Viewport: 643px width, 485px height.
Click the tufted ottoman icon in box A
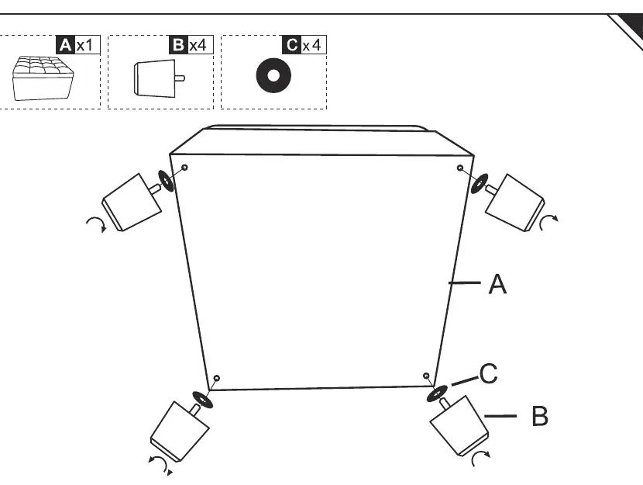(x=43, y=78)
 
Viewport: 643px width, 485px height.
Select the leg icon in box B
(x=159, y=78)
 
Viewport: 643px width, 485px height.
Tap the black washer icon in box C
(x=273, y=75)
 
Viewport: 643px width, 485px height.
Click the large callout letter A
(x=497, y=284)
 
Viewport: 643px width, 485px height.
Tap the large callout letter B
(x=540, y=416)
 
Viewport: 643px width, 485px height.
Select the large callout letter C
(x=488, y=374)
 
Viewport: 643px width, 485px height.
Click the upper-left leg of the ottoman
(x=131, y=202)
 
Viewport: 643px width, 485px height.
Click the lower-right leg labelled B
(x=459, y=425)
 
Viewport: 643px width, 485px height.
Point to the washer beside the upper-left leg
(x=166, y=181)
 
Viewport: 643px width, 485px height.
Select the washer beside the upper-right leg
(x=480, y=184)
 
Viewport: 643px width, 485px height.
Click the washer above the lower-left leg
(x=202, y=400)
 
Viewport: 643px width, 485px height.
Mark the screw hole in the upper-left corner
(x=184, y=168)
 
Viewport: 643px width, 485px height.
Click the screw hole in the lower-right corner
(x=426, y=376)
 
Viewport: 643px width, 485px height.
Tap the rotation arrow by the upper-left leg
(x=98, y=224)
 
